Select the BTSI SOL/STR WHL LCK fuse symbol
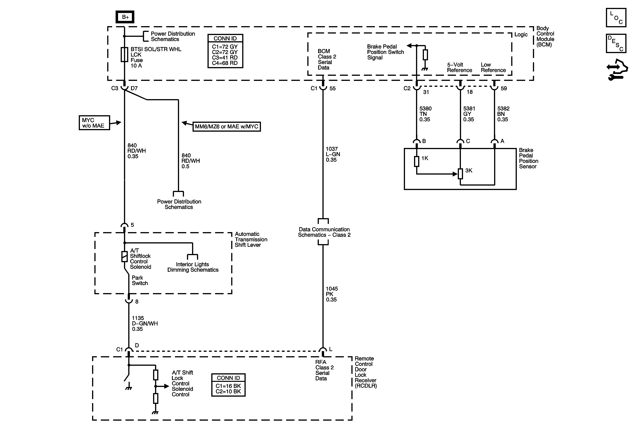(x=124, y=55)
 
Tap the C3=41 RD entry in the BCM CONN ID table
(x=225, y=58)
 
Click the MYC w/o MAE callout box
(x=94, y=123)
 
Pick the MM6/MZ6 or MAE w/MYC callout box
(x=226, y=127)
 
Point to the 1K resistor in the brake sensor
(x=417, y=161)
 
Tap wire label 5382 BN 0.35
(x=503, y=114)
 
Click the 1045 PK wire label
(x=332, y=294)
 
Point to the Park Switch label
(x=140, y=280)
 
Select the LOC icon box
(x=616, y=18)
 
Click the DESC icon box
(x=616, y=43)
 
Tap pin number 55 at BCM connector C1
(x=332, y=88)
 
